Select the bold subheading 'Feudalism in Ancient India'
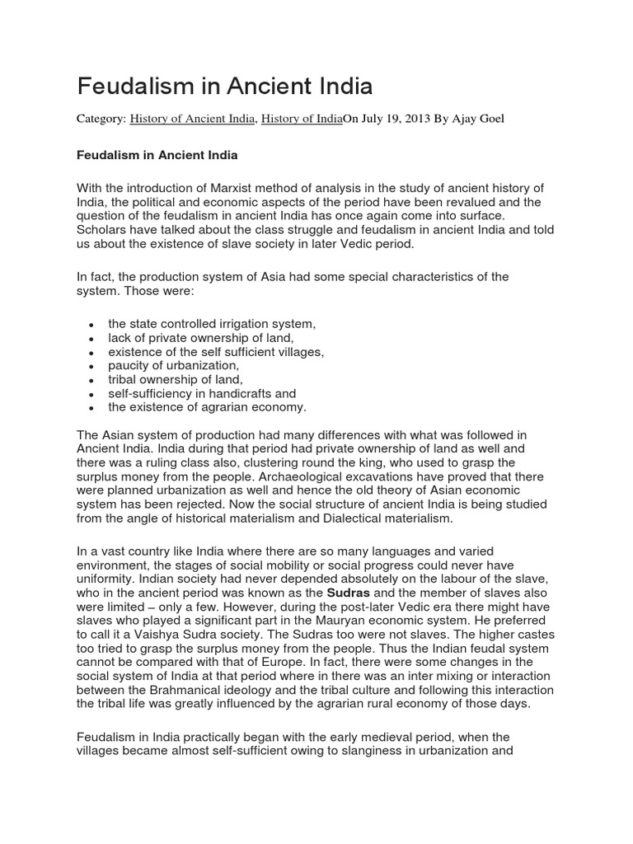point(157,154)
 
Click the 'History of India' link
point(301,120)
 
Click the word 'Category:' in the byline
point(101,120)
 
